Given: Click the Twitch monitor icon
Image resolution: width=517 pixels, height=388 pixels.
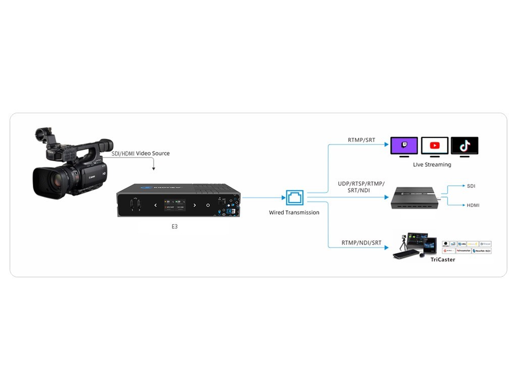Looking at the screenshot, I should tap(404, 145).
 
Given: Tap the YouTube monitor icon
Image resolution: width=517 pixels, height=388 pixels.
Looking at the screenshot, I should tap(434, 145).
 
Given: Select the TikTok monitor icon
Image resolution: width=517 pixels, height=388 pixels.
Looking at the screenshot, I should tap(464, 145).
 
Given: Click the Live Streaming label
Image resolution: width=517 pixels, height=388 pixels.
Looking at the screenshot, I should tap(432, 165).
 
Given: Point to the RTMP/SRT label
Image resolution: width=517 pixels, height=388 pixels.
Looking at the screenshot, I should tap(361, 140).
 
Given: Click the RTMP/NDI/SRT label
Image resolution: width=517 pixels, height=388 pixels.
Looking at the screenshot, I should tap(361, 243).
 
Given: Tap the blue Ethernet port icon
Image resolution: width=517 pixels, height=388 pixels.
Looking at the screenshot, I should tap(294, 197).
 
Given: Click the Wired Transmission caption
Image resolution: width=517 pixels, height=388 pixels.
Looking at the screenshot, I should tap(294, 213).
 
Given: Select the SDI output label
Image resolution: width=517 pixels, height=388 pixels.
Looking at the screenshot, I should tap(471, 186).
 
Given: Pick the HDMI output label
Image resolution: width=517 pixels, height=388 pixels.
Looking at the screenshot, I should tap(473, 205).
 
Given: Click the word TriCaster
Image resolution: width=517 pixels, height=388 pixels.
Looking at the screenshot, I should tap(443, 260).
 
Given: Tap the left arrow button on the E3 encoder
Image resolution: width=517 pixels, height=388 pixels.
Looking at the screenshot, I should tap(156, 205).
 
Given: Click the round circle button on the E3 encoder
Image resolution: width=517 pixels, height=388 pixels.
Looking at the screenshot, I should tap(208, 205).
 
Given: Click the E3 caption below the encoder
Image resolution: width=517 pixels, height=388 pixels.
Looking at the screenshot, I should tap(174, 227).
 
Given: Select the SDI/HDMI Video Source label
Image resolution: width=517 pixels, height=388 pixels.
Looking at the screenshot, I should tap(140, 154).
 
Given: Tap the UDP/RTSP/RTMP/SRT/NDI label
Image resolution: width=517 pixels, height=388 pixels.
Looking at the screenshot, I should tap(361, 187).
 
